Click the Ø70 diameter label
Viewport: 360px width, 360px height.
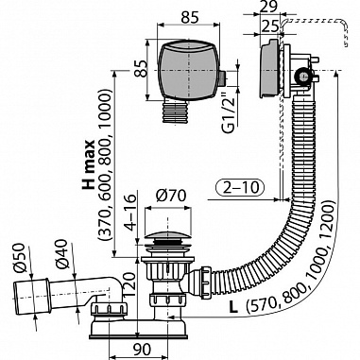171,197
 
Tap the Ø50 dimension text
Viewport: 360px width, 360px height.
19,257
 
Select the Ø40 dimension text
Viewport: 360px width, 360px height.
61,254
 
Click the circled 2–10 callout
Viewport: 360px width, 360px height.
240,188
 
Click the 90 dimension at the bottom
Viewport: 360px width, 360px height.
140,349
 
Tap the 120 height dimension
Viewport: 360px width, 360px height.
129,286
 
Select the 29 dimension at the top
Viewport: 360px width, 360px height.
269,8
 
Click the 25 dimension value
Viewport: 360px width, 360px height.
269,26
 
